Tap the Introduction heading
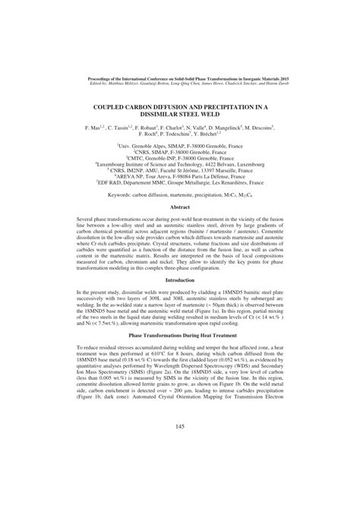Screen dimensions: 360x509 tap(180, 281)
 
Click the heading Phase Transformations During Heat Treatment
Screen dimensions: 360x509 tap(180, 334)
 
